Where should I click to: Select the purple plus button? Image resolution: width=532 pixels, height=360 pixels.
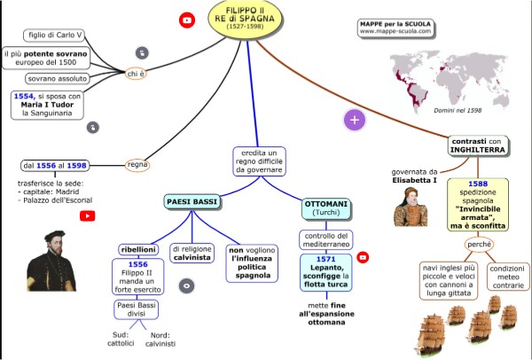pyautogui.click(x=355, y=119)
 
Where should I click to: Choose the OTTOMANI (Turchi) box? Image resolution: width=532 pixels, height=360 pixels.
pyautogui.click(x=326, y=208)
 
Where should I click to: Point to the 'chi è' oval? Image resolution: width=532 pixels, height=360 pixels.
pyautogui.click(x=136, y=74)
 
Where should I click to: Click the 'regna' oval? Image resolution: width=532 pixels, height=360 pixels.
pyautogui.click(x=137, y=164)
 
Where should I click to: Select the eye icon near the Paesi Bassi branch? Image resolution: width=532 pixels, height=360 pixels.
pyautogui.click(x=186, y=286)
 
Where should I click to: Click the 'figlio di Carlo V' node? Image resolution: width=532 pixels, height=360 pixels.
pyautogui.click(x=55, y=35)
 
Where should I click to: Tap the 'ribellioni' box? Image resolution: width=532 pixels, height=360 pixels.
pyautogui.click(x=138, y=249)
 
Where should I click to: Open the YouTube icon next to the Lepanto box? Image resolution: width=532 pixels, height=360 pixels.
pyautogui.click(x=363, y=257)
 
